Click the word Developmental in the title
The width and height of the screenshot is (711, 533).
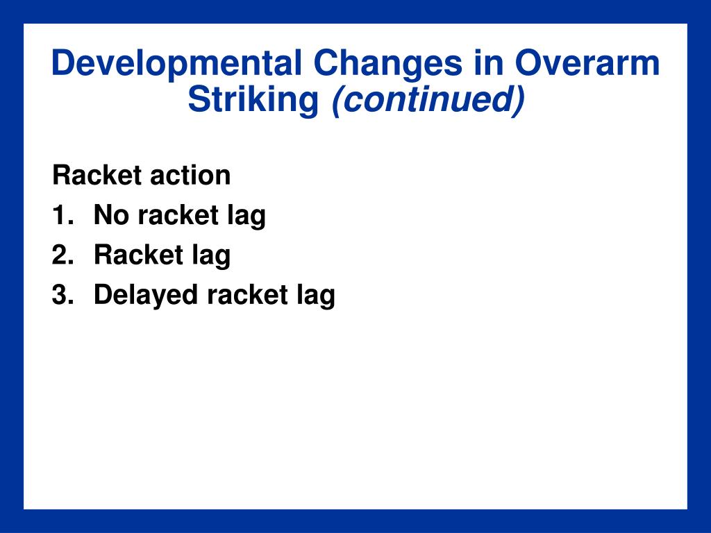click(176, 64)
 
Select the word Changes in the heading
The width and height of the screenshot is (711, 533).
click(387, 64)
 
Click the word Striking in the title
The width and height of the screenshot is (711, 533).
click(253, 100)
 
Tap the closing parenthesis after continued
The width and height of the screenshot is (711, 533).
click(519, 101)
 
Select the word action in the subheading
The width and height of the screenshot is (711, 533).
click(190, 175)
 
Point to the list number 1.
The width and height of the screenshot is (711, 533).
click(62, 214)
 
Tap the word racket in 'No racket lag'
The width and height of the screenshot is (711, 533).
click(178, 215)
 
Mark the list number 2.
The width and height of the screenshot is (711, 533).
click(62, 254)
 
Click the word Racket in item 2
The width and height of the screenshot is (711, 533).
click(139, 254)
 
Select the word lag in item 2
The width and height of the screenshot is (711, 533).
click(211, 257)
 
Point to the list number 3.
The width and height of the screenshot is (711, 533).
click(62, 294)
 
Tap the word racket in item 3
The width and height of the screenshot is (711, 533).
click(248, 294)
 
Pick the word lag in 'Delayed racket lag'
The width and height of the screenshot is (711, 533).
click(316, 296)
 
